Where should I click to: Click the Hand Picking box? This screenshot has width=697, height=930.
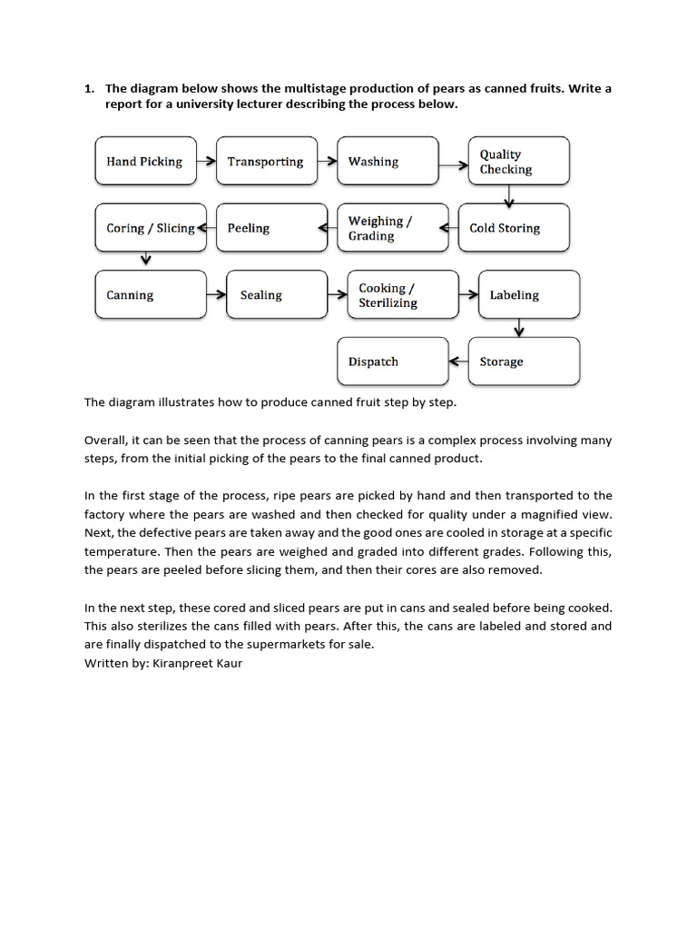click(x=145, y=162)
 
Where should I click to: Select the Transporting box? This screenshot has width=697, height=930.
click(x=267, y=162)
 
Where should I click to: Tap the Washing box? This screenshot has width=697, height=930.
click(x=388, y=162)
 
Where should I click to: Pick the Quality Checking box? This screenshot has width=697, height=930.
click(x=518, y=162)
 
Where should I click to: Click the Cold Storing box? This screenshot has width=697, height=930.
click(x=514, y=228)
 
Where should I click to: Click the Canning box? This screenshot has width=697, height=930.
click(x=145, y=295)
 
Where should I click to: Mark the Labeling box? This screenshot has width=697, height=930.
click(x=528, y=295)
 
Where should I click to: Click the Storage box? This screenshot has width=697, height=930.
click(x=524, y=361)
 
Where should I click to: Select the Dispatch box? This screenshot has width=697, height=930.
click(x=392, y=361)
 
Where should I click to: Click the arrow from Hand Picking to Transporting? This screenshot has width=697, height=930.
click(x=206, y=162)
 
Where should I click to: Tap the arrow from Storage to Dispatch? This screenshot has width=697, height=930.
click(x=458, y=361)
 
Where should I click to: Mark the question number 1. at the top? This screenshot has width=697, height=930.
click(x=89, y=88)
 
